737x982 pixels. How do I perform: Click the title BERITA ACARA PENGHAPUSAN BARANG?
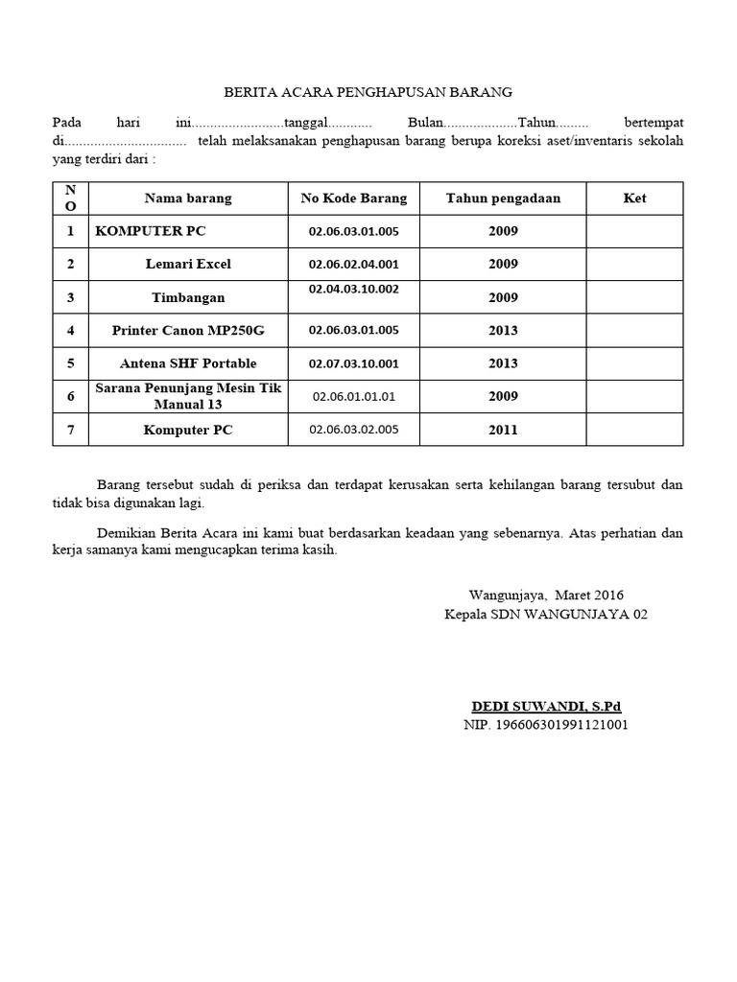click(x=368, y=92)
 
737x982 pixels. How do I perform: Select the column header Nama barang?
click(x=188, y=199)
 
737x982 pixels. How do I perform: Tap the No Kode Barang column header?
click(x=354, y=199)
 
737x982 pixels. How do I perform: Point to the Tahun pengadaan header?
click(x=503, y=199)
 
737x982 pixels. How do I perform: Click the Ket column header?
click(x=634, y=199)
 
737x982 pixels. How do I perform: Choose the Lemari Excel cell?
click(x=188, y=264)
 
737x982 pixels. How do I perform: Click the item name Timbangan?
click(x=188, y=298)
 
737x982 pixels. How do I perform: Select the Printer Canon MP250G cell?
click(x=188, y=330)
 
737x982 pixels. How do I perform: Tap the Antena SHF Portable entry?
click(x=188, y=363)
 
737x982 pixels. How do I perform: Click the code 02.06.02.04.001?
click(x=353, y=264)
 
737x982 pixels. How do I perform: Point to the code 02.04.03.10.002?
click(x=353, y=288)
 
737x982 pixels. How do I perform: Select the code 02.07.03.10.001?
click(x=353, y=363)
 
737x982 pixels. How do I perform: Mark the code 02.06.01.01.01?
click(x=353, y=396)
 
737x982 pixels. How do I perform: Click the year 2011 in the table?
click(x=503, y=430)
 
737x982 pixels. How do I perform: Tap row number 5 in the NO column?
click(x=70, y=363)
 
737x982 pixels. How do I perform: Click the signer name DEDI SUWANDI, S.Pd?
click(x=546, y=707)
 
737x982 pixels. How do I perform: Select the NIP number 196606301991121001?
click(x=546, y=725)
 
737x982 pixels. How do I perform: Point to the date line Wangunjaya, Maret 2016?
click(x=546, y=596)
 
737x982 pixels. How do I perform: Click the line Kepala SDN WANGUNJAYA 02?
click(x=546, y=614)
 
